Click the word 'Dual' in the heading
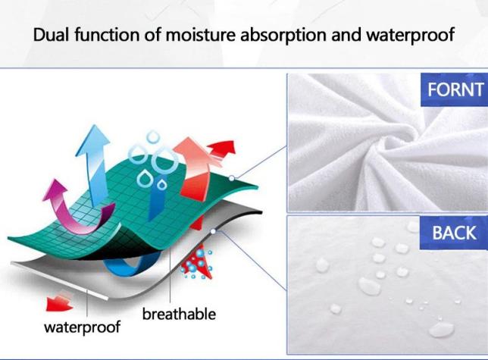(x=51, y=34)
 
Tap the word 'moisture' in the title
(x=200, y=35)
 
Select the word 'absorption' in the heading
(x=283, y=35)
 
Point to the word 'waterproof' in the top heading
(x=410, y=35)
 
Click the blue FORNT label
(x=455, y=89)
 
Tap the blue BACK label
(x=454, y=233)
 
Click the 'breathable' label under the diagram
(x=179, y=314)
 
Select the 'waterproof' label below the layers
(x=82, y=327)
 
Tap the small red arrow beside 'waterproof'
(x=58, y=303)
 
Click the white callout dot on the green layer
(x=232, y=178)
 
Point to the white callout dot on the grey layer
(x=213, y=231)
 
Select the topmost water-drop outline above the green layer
(x=153, y=137)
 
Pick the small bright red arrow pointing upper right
(x=222, y=149)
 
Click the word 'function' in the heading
(x=107, y=34)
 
